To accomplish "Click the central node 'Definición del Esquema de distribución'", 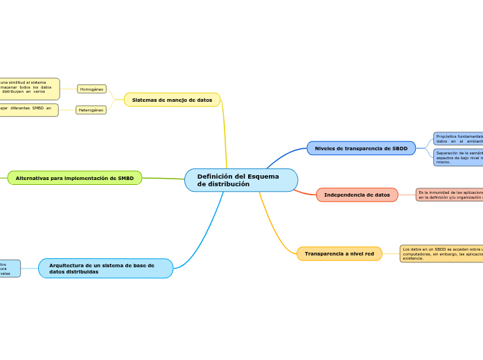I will coord(240,180).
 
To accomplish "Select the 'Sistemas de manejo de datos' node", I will coord(172,100).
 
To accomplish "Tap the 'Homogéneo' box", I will coord(91,89).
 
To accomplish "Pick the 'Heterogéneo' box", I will coord(91,110).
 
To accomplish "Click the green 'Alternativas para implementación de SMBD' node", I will coord(75,178).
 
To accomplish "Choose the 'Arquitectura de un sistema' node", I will coord(105,269).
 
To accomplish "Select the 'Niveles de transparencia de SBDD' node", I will coord(361,148).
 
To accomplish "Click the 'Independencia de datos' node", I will coord(357,195).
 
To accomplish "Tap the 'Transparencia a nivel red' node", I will coord(339,254).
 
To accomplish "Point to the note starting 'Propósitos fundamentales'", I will coord(458,138).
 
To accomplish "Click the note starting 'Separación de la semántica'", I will coord(458,157).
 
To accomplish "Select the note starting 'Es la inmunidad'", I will coord(449,195).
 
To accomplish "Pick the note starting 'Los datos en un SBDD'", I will coord(441,253).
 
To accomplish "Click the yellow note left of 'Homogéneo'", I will coord(29,89).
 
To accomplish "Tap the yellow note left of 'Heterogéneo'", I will coord(28,110).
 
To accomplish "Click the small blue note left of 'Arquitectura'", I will coord(10,269).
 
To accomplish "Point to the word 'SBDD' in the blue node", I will coord(400,148).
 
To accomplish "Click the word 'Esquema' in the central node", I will coord(263,177).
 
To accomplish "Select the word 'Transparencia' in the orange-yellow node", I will coord(324,254).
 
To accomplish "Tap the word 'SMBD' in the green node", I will coord(125,178).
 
